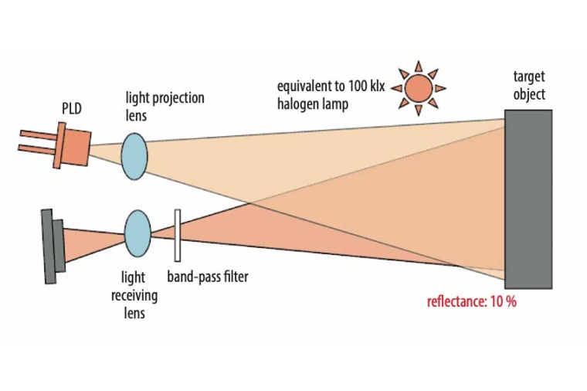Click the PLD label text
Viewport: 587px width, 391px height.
[x=72, y=109]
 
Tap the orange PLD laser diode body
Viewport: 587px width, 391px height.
[x=72, y=147]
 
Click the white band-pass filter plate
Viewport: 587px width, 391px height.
[x=178, y=235]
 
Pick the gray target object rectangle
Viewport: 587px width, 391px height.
[x=528, y=199]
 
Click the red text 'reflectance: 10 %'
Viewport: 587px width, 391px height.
[x=471, y=301]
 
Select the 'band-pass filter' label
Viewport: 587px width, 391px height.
[x=208, y=277]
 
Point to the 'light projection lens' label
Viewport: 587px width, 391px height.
[x=165, y=106]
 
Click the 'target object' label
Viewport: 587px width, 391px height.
[x=528, y=86]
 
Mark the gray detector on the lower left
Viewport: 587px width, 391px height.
[x=52, y=246]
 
